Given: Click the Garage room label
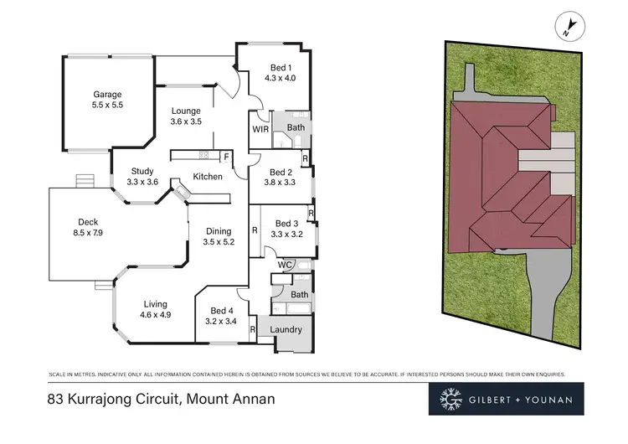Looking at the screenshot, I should pyautogui.click(x=107, y=95).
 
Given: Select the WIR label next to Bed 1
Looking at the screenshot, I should pyautogui.click(x=260, y=130).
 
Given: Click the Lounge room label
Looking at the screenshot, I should pyautogui.click(x=186, y=111).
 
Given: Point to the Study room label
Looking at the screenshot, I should pyautogui.click(x=142, y=171).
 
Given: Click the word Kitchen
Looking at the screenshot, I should pyautogui.click(x=208, y=177).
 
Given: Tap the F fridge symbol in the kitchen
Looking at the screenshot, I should pyautogui.click(x=225, y=157).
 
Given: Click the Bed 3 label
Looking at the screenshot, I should pyautogui.click(x=286, y=224).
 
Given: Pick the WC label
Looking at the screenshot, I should pyautogui.click(x=284, y=265).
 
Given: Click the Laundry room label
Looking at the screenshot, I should pyautogui.click(x=286, y=329).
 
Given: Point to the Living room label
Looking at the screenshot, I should pyautogui.click(x=155, y=304).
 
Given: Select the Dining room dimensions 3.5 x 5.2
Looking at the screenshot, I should pyautogui.click(x=218, y=242).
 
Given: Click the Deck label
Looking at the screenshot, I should pyautogui.click(x=88, y=222).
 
